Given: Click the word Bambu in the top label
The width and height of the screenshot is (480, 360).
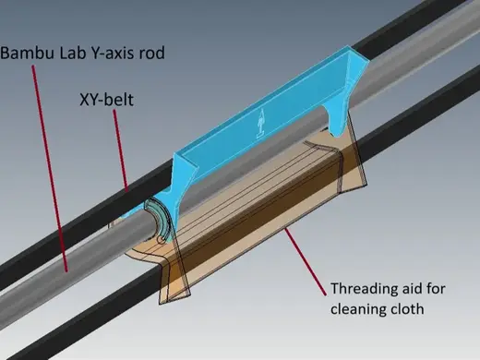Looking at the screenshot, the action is point(28,53).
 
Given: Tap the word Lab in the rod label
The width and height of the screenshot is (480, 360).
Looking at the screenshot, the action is point(72,53).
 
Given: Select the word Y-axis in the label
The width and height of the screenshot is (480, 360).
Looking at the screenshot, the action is point(112,53).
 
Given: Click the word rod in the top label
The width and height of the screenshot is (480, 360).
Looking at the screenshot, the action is point(151,53).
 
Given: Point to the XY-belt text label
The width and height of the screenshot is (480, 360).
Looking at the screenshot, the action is point(106,100).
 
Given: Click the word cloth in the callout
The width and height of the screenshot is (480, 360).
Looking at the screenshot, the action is point(404,308).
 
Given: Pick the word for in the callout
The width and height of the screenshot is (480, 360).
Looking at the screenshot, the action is point(435,289).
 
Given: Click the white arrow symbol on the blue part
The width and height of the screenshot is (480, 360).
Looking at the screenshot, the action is point(261,123).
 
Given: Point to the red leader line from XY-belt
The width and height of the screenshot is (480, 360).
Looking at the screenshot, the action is point(121,150).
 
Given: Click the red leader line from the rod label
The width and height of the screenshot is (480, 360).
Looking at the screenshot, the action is point(50,169).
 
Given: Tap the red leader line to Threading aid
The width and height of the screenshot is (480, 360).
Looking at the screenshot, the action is point(306,261).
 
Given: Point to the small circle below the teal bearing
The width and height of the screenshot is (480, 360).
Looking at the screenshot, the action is point(161,240).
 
